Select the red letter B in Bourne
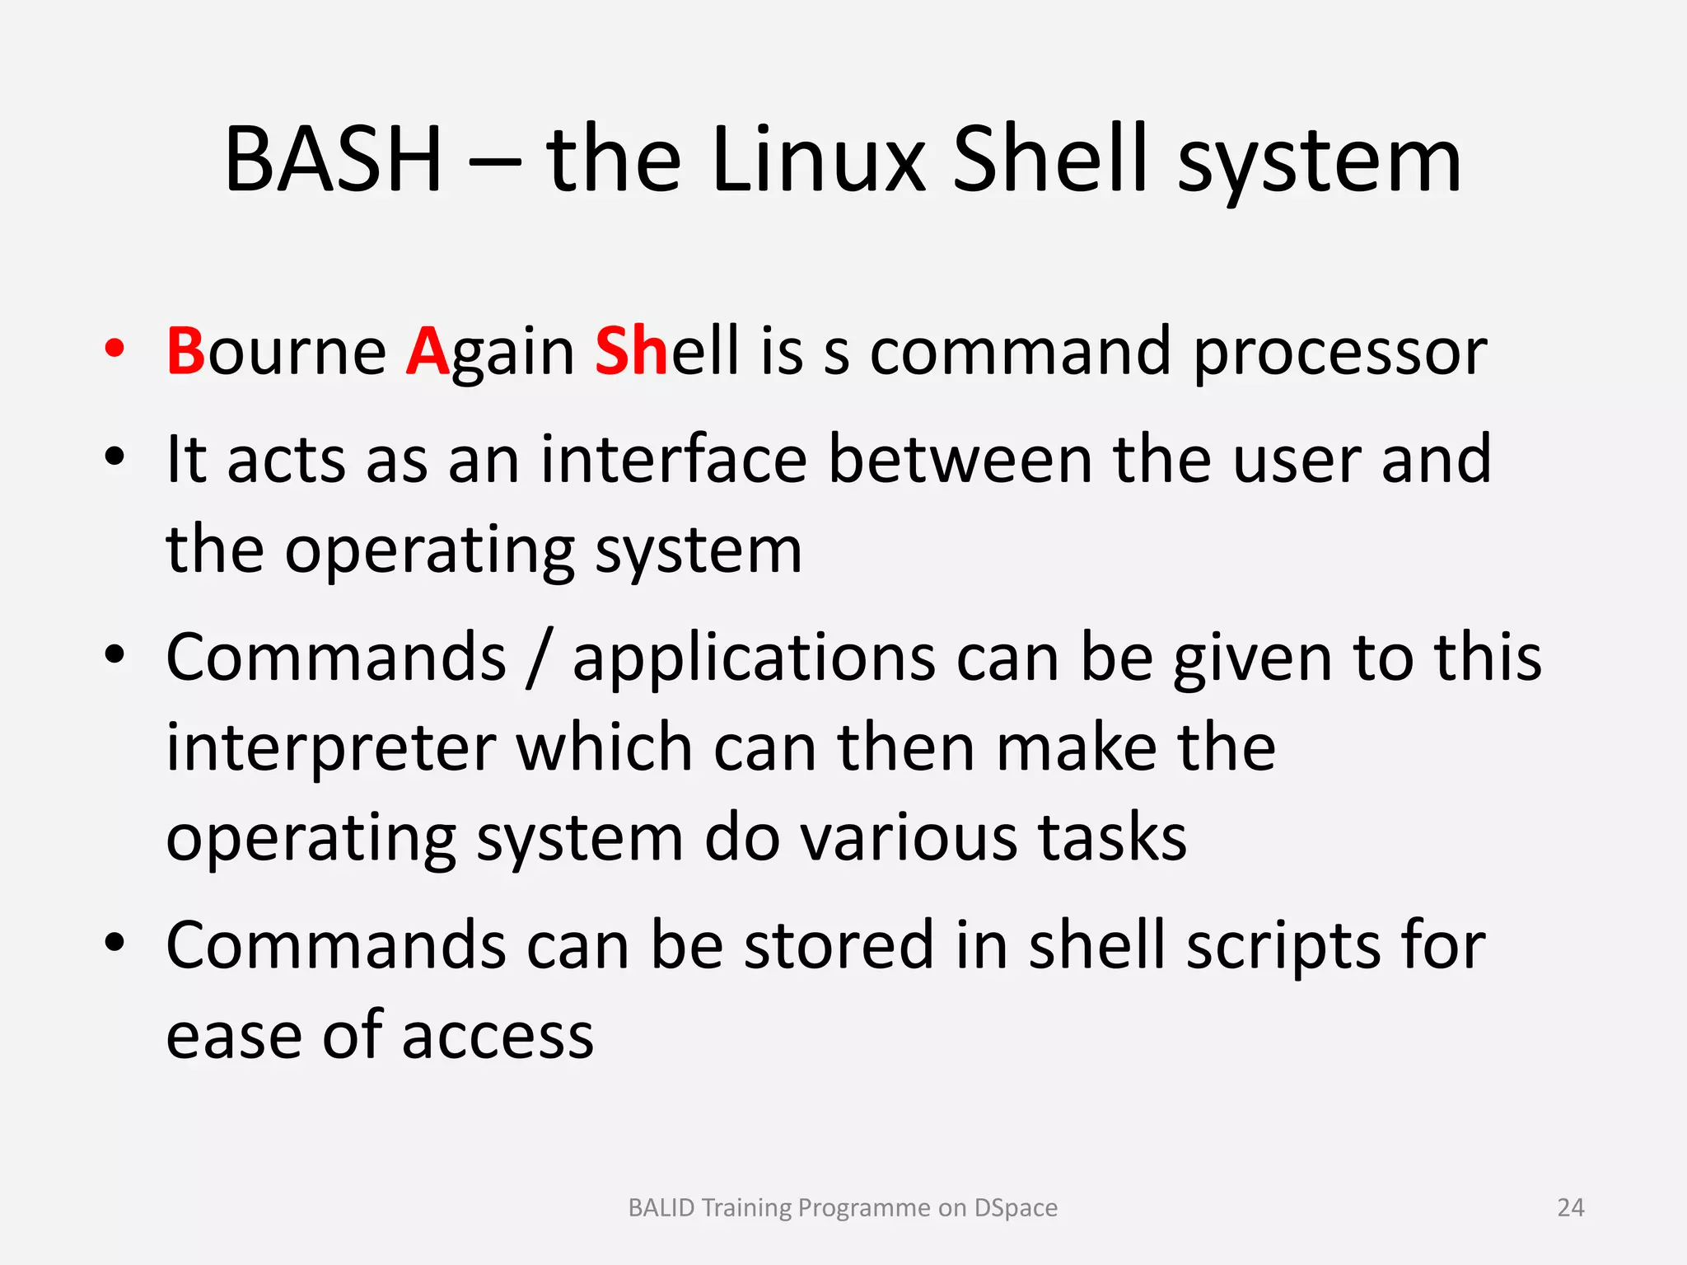pos(185,352)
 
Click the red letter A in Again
pos(428,352)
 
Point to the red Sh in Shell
pos(631,352)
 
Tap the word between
pos(960,459)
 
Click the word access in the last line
pos(498,1037)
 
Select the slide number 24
pos(1570,1207)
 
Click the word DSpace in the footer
pos(1015,1207)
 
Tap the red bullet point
pos(114,349)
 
